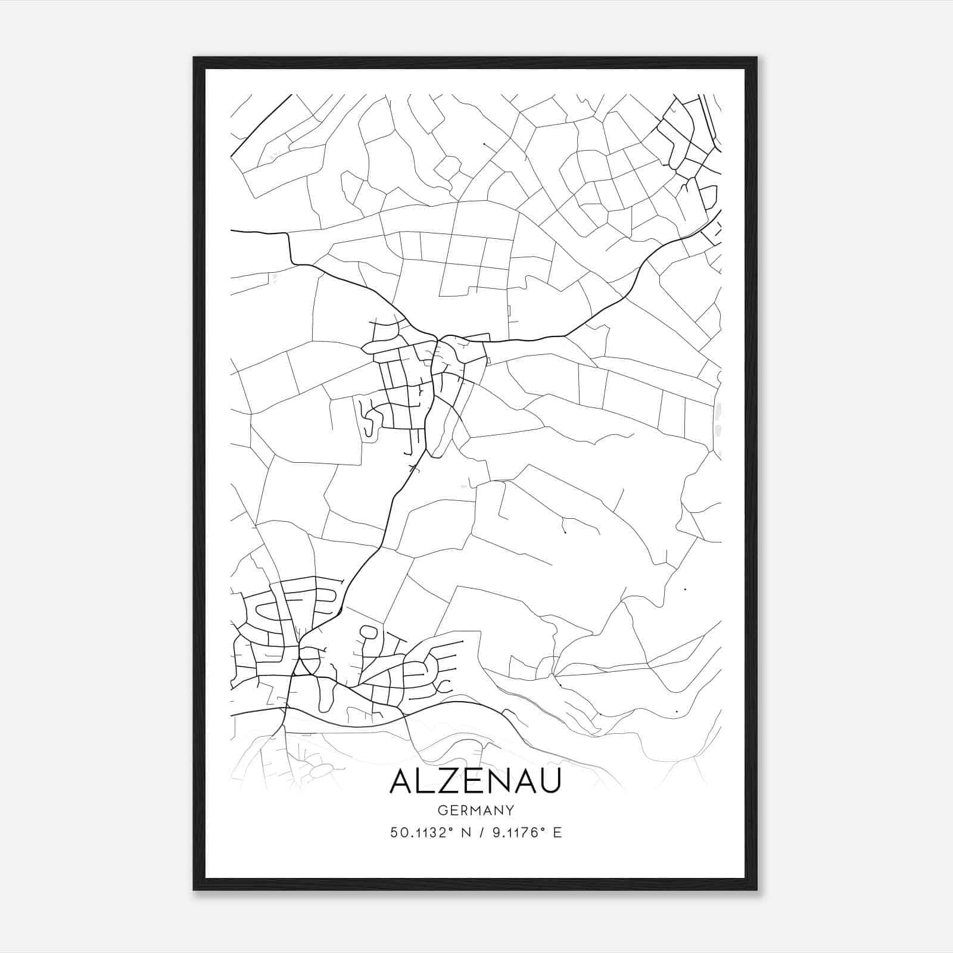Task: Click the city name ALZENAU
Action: [x=475, y=782]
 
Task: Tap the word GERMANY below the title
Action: [x=475, y=810]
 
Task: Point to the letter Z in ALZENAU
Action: [x=448, y=782]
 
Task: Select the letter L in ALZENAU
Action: [x=425, y=782]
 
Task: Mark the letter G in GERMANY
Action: [x=442, y=810]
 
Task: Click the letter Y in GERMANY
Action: [x=510, y=810]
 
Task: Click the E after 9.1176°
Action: [x=557, y=833]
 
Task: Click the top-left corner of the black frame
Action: [x=194, y=58]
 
